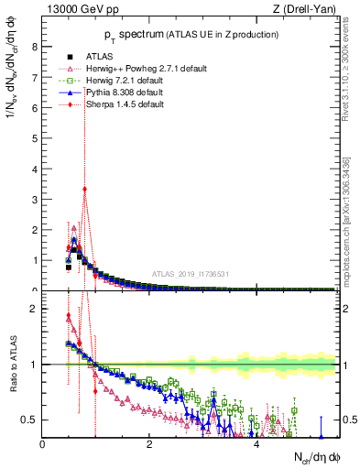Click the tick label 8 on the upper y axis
click(35, 46)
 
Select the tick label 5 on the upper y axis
click(35, 138)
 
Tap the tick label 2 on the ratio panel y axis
click(35, 309)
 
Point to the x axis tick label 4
click(256, 444)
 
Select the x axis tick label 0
click(43, 444)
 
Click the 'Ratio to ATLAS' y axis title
click(12, 365)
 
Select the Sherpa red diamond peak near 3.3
click(84, 190)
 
